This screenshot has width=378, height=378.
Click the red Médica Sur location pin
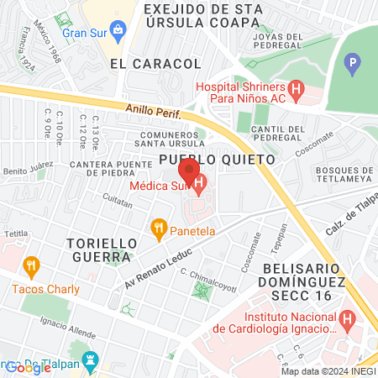[x=186, y=171]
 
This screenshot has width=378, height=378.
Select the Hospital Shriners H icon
[x=295, y=88]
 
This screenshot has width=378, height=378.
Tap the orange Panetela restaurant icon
[x=157, y=227]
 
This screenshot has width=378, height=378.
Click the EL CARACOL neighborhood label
[x=155, y=63]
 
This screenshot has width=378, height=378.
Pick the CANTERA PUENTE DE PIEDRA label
[x=110, y=169]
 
